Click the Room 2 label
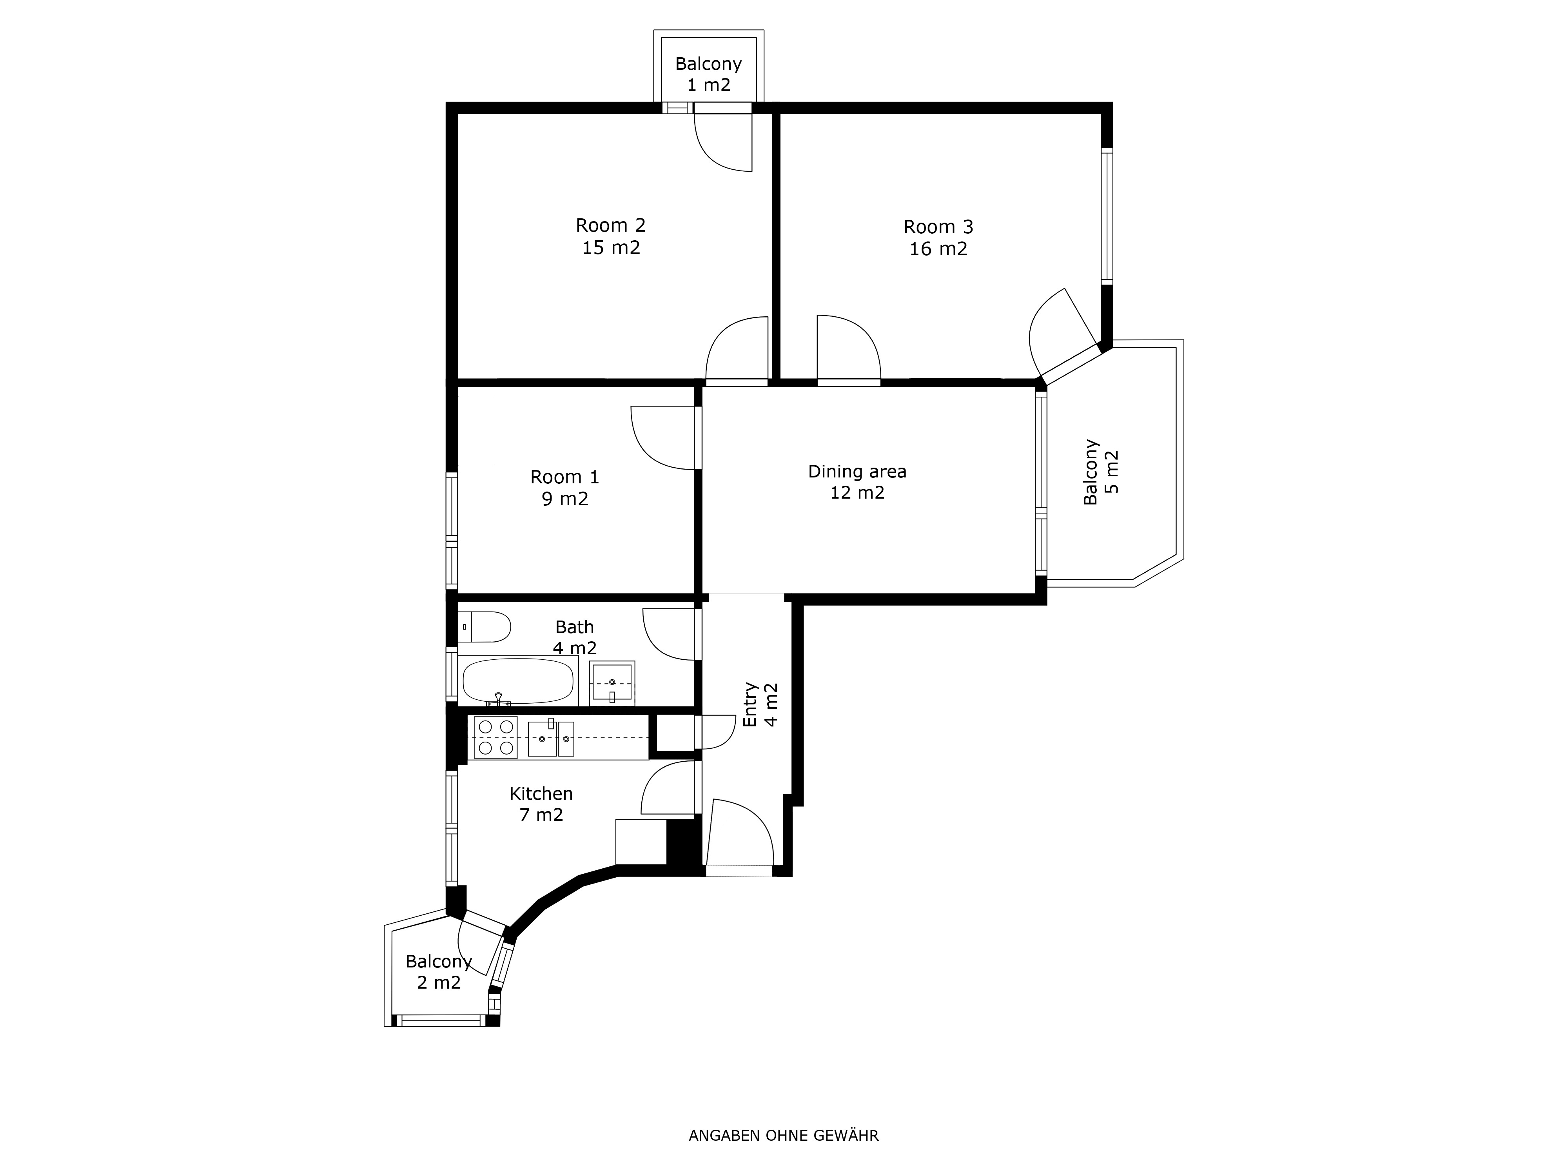coord(611,236)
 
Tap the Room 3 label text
coord(938,238)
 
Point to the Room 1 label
coord(565,488)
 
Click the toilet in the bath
coord(484,627)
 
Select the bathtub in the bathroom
coord(518,681)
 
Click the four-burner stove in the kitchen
coord(496,738)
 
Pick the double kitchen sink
coord(551,739)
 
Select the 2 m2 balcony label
coord(439,972)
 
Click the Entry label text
coord(760,704)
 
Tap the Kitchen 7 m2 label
coord(541,804)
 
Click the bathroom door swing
coord(668,634)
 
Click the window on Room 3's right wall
coord(1107,216)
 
